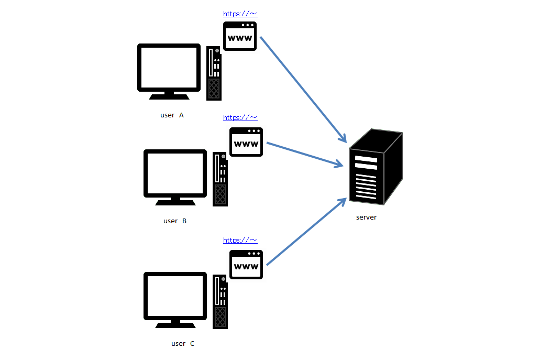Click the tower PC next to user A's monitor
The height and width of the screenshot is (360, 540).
click(214, 73)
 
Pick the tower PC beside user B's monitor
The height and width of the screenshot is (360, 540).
click(220, 179)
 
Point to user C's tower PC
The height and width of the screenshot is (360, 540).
click(220, 301)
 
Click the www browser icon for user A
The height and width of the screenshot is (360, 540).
click(240, 36)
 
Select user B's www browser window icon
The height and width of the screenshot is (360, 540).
click(246, 142)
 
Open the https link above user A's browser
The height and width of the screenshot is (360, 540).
click(240, 14)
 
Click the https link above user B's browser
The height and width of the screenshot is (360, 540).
click(240, 118)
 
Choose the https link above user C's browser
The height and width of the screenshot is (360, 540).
click(240, 241)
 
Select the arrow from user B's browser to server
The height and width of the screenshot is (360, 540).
click(305, 155)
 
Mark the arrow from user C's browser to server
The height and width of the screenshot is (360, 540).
click(306, 232)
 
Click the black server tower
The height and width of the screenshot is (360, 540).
click(375, 168)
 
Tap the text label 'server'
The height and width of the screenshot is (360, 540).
click(366, 217)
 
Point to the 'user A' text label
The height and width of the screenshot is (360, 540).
click(172, 115)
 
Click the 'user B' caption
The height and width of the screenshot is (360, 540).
click(175, 221)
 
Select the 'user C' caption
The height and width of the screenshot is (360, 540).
click(183, 344)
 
